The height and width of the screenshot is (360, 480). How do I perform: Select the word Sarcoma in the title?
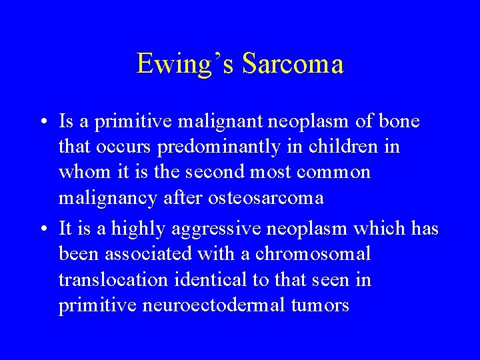pyautogui.click(x=293, y=65)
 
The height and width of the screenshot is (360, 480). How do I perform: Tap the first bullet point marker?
pyautogui.click(x=43, y=122)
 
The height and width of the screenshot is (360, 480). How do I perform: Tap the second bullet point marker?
pyautogui.click(x=43, y=229)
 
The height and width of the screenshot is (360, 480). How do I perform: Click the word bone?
pyautogui.click(x=397, y=121)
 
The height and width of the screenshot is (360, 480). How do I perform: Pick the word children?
pyautogui.click(x=341, y=147)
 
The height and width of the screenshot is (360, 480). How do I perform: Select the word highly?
pyautogui.click(x=140, y=228)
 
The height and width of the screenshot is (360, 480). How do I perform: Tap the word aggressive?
pyautogui.click(x=214, y=228)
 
